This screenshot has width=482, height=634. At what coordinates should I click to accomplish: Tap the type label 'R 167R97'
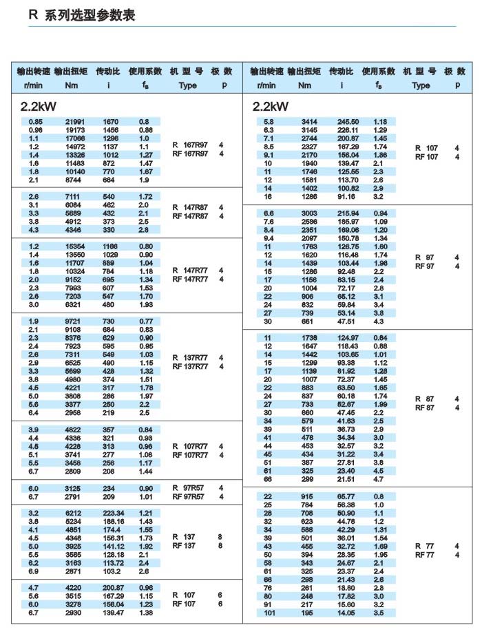[x=190, y=145]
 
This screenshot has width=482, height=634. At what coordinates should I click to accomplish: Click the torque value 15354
[x=74, y=246]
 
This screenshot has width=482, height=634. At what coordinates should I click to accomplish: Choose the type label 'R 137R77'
[x=190, y=358]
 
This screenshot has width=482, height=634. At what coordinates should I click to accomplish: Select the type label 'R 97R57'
[x=189, y=487]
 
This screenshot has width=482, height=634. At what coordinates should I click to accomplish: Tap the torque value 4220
[x=74, y=588]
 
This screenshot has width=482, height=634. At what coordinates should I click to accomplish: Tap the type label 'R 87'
[x=426, y=399]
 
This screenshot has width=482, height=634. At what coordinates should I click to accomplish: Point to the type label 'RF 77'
[x=426, y=554]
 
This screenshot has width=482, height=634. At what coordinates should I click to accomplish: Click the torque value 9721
[x=74, y=321]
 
